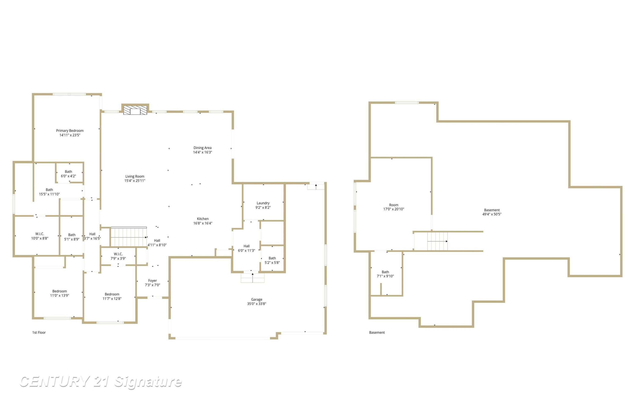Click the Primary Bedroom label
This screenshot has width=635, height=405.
pyautogui.click(x=70, y=133)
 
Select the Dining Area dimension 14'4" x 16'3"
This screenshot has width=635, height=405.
pyautogui.click(x=203, y=152)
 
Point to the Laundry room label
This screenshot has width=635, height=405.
pyautogui.click(x=263, y=205)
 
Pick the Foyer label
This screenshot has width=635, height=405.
pyautogui.click(x=152, y=283)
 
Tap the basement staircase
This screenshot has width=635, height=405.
pyautogui.click(x=438, y=241)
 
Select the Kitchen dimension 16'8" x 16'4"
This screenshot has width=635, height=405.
pyautogui.click(x=203, y=223)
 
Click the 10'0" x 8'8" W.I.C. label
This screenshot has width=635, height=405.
pyautogui.click(x=40, y=236)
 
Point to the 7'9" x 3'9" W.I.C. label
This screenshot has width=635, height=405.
pyautogui.click(x=118, y=256)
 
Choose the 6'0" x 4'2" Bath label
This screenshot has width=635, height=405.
pyautogui.click(x=69, y=174)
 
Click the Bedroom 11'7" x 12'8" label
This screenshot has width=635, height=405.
pyautogui.click(x=112, y=296)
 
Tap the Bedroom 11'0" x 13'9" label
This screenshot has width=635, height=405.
pyautogui.click(x=60, y=293)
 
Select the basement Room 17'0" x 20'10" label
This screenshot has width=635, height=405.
pyautogui.click(x=394, y=207)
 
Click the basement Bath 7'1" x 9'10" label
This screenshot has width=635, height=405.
pyautogui.click(x=385, y=274)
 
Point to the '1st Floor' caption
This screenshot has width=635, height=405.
pyautogui.click(x=39, y=332)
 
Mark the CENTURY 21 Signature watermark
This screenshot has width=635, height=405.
pyautogui.click(x=101, y=382)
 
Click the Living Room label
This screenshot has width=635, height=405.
pyautogui.click(x=135, y=179)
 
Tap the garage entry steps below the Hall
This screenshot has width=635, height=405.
pyautogui.click(x=253, y=278)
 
